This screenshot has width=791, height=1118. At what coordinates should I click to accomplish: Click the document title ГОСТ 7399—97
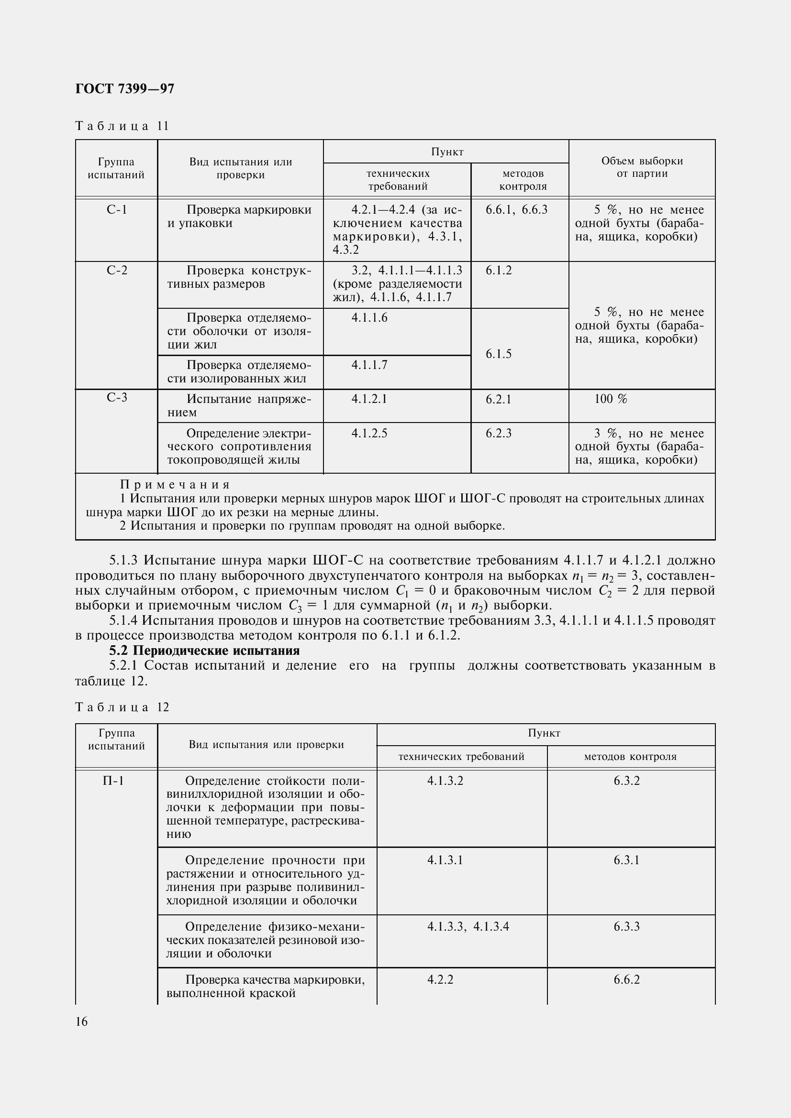click(x=125, y=88)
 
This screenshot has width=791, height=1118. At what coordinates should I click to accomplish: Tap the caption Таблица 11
click(x=122, y=126)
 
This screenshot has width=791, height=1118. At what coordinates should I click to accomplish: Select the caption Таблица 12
click(x=122, y=707)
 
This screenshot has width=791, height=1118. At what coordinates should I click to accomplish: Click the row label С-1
click(x=116, y=210)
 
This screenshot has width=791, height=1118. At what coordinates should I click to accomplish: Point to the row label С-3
click(x=116, y=398)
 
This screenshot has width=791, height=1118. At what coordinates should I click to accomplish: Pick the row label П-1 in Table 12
click(x=113, y=781)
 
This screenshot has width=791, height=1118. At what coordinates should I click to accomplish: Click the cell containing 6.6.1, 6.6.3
click(x=517, y=210)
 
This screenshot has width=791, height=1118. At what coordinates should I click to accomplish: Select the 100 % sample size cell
click(x=611, y=399)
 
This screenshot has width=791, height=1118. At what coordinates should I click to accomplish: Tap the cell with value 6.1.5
click(x=499, y=354)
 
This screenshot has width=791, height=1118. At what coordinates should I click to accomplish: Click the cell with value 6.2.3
click(x=499, y=434)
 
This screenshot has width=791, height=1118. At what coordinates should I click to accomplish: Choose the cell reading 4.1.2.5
click(x=369, y=434)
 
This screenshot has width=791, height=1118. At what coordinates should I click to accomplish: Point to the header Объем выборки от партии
click(x=641, y=167)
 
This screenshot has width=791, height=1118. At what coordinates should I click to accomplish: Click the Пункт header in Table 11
click(x=447, y=152)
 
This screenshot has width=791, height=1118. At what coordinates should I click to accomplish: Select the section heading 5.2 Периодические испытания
click(x=204, y=651)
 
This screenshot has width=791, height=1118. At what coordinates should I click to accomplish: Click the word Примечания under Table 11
click(x=175, y=485)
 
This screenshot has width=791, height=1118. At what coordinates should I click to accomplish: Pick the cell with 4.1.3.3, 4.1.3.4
click(x=468, y=926)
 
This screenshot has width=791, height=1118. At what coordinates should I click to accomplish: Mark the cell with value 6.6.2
click(x=626, y=979)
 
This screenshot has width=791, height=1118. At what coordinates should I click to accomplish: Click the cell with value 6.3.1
click(x=626, y=860)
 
